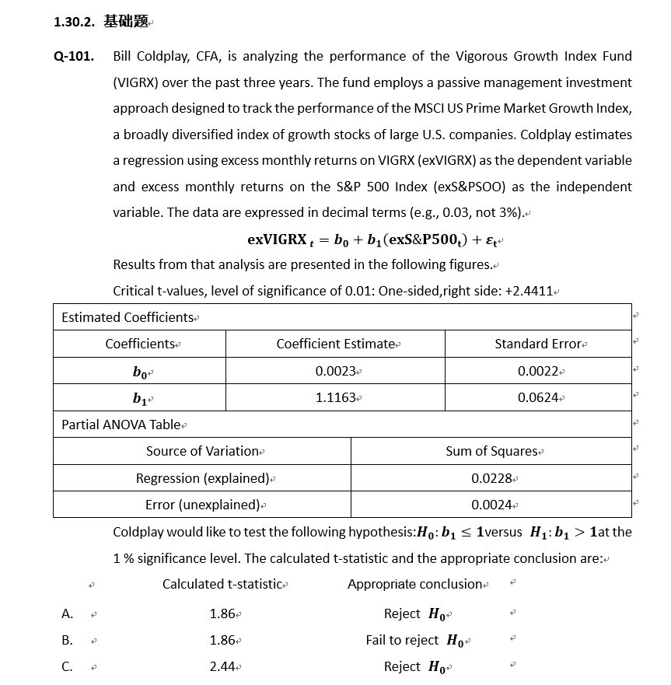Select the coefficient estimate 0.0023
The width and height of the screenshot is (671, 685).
pyautogui.click(x=335, y=372)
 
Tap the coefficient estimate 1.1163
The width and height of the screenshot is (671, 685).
pyautogui.click(x=335, y=398)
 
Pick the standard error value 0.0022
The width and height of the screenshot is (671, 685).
pyautogui.click(x=537, y=372)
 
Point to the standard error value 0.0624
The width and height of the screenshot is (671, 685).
pyautogui.click(x=537, y=398)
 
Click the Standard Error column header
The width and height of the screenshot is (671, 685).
pyautogui.click(x=538, y=344)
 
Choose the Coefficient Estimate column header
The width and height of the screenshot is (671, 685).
pyautogui.click(x=335, y=344)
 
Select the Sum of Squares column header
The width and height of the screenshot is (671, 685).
pyautogui.click(x=491, y=452)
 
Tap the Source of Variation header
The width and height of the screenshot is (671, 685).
pyautogui.click(x=202, y=452)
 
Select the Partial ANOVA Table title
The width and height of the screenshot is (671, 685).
pyautogui.click(x=121, y=425)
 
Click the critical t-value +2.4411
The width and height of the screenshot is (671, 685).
pyautogui.click(x=528, y=292)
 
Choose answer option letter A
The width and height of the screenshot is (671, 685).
pyautogui.click(x=67, y=614)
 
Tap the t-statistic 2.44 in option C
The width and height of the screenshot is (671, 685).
pyautogui.click(x=222, y=667)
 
